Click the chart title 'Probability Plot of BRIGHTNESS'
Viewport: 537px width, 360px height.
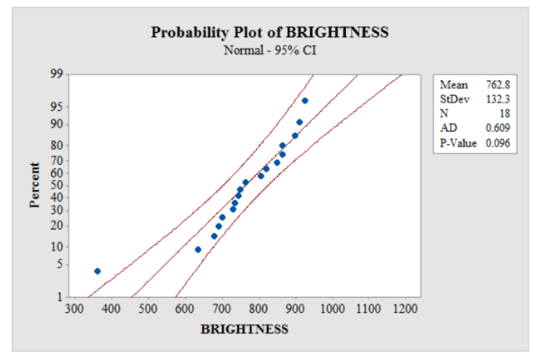[x=269, y=33]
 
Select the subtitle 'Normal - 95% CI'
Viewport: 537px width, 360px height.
[x=269, y=50]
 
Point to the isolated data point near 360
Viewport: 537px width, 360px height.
[x=98, y=271]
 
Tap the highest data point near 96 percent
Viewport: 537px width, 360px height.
[x=305, y=101]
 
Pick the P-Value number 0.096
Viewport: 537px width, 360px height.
[x=499, y=143]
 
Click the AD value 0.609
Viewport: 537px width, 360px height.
[x=499, y=128]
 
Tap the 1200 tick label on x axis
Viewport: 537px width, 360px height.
[x=407, y=310]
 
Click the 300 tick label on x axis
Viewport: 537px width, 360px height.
[x=74, y=310]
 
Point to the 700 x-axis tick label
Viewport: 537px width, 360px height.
[x=222, y=310]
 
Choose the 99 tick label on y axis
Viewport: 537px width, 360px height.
[x=58, y=75]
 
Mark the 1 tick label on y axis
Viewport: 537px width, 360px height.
[x=61, y=297]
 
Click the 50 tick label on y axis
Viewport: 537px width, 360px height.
[x=58, y=184]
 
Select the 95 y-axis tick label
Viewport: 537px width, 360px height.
[x=58, y=107]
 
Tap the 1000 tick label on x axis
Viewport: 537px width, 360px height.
[x=332, y=310]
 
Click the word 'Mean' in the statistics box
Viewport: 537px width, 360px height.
[x=453, y=86]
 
